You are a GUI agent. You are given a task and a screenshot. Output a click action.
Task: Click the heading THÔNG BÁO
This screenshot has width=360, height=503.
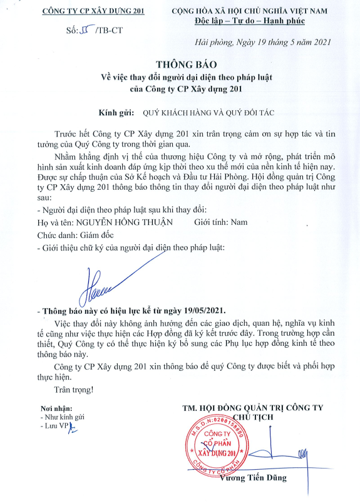pyautogui.click(x=180, y=65)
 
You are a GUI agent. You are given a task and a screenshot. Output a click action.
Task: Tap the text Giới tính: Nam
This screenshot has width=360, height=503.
pyautogui.click(x=222, y=222)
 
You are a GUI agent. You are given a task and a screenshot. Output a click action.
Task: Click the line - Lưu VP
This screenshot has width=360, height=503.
pyautogui.click(x=54, y=426)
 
